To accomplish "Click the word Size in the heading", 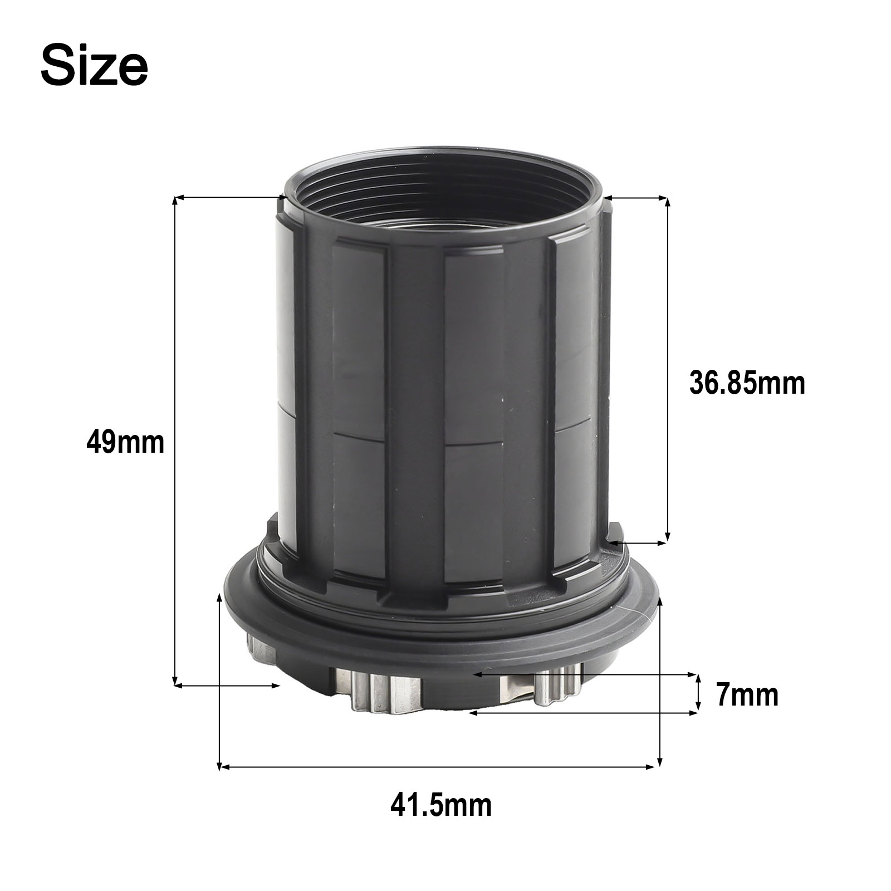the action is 95,66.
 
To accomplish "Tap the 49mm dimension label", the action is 126,443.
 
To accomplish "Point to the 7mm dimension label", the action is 747,695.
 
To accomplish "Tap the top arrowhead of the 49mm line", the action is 176,202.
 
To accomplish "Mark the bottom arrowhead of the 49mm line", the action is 176,680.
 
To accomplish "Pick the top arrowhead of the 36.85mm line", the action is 667,202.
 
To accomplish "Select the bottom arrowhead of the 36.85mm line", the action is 667,535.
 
